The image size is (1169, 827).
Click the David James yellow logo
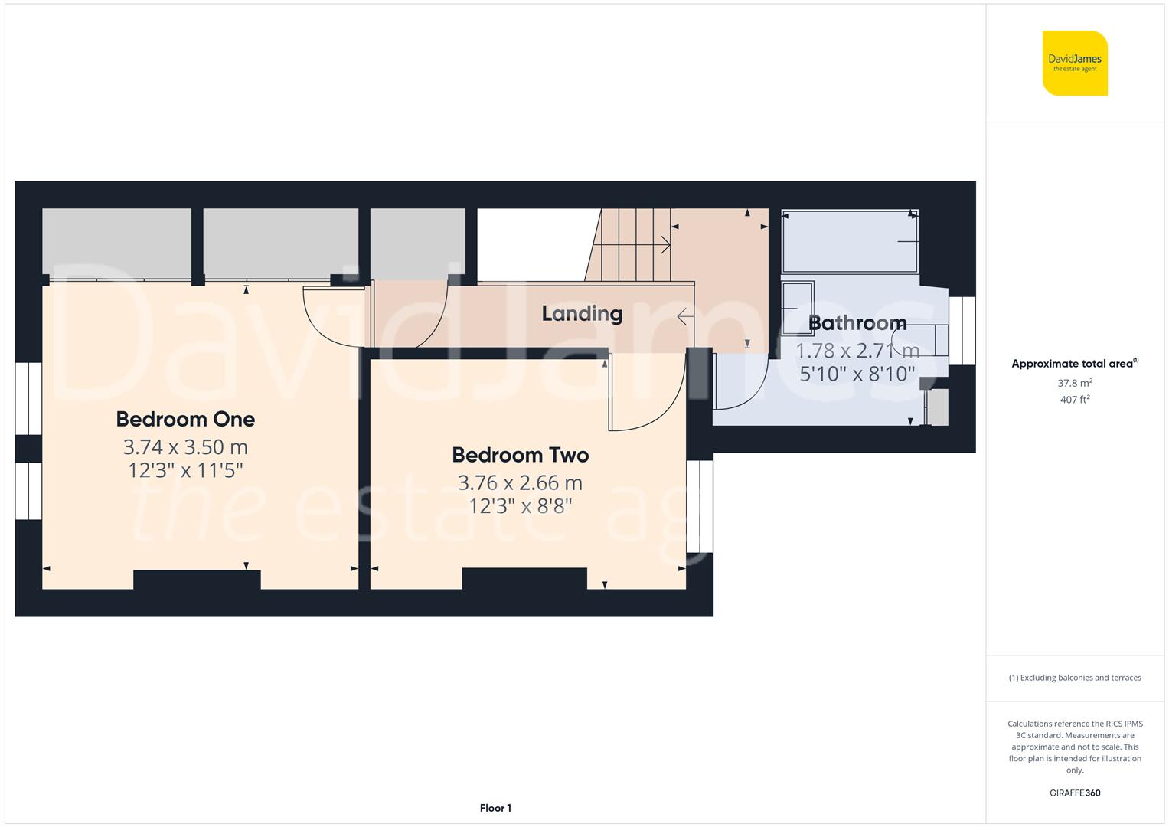coord(1075,63)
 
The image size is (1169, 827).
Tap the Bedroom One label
coord(185,419)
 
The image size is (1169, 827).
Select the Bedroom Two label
coord(520,455)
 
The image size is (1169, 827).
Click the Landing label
coord(582,313)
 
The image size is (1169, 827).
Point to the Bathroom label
coord(857,323)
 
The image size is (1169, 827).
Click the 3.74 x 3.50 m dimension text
coord(185,447)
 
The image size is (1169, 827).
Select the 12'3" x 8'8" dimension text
coord(520,506)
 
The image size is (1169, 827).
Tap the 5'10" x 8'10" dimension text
coord(857,374)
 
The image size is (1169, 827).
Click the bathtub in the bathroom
coord(850,241)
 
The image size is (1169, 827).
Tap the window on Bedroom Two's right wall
coord(700,506)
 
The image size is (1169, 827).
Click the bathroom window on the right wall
coord(962,331)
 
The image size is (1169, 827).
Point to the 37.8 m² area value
coord(1075,383)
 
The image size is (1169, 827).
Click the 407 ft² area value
coord(1075,400)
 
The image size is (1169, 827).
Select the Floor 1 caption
coord(495,808)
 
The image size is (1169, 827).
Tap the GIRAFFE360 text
coord(1075,793)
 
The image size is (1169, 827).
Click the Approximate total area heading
coord(1073,364)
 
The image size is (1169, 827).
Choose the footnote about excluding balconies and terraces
coord(1075,678)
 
